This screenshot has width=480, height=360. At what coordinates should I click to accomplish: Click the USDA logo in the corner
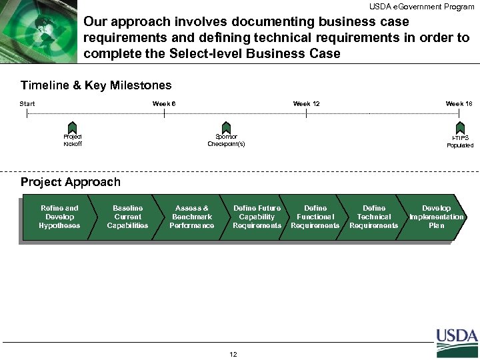coord(457,342)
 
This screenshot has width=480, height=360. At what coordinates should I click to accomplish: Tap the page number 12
coord(233,354)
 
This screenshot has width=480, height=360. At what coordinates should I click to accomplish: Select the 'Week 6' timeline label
coord(164,103)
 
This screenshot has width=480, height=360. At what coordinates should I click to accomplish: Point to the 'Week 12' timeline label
coord(307,103)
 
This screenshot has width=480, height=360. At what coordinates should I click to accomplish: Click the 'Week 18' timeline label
coord(459,103)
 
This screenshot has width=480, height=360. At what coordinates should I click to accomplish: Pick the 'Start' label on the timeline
coord(28,103)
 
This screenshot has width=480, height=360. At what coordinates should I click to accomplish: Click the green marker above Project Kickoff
coord(72,127)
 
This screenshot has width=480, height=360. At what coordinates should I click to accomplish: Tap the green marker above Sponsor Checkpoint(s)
coord(226,127)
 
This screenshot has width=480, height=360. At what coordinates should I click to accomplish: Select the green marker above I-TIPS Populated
coord(460,127)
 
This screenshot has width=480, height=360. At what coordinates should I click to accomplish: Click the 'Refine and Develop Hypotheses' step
coord(59,217)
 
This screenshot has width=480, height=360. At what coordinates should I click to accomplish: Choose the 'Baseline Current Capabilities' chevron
coord(127,217)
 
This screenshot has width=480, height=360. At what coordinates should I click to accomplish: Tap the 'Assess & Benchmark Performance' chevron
coord(192,217)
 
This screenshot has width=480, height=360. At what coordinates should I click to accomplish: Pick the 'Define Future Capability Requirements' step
coord(257,217)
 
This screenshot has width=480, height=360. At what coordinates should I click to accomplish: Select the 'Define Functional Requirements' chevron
coord(315,217)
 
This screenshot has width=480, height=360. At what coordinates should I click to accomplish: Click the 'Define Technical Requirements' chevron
coord(373,217)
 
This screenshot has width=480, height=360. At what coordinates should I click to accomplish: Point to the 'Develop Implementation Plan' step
coord(437,217)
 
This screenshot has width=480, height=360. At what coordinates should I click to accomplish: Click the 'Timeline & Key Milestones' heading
coord(96,85)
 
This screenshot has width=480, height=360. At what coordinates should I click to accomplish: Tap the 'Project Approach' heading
coord(71,182)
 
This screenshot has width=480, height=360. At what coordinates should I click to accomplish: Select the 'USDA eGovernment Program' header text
coord(422,7)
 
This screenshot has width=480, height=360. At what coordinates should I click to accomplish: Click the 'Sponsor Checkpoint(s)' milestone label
coord(226,141)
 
